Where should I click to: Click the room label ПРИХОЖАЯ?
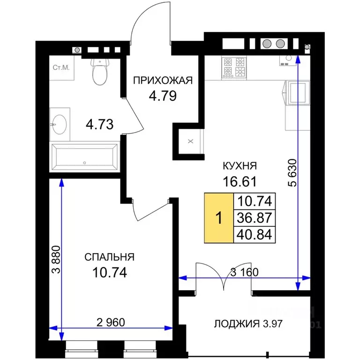163,80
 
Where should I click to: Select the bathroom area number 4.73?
99,124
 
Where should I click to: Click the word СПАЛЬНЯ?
110,257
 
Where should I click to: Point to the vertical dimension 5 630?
292,178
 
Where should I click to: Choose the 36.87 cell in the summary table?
255,217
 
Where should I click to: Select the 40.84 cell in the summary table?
255,233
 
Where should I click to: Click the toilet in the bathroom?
99,72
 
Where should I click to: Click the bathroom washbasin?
60,123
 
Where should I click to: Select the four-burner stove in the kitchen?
235,67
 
